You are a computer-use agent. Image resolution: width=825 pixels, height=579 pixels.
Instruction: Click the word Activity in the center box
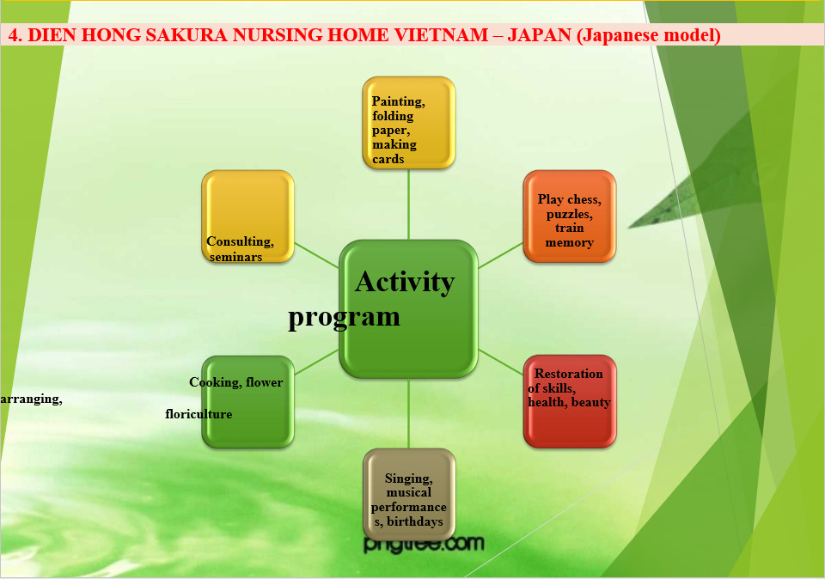click(404, 282)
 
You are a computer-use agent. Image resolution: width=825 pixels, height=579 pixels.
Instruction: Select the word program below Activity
click(344, 316)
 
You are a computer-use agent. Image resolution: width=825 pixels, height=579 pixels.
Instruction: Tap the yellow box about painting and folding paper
click(408, 122)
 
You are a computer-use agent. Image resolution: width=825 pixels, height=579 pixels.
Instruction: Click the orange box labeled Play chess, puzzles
click(570, 216)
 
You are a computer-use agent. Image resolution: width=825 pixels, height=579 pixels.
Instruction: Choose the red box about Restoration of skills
click(570, 400)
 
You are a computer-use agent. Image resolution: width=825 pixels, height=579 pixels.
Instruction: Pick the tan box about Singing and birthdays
click(408, 494)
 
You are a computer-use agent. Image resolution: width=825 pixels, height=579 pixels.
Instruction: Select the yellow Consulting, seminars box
click(247, 216)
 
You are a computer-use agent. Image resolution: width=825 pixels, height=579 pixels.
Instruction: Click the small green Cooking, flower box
click(247, 401)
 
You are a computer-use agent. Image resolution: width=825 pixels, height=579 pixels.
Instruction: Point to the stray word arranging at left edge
click(31, 399)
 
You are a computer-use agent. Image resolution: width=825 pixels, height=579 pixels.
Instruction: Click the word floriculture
click(199, 414)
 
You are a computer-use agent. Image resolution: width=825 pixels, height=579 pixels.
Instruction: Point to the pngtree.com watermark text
click(423, 544)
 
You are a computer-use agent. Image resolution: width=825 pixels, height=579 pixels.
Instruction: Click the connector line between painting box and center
click(408, 204)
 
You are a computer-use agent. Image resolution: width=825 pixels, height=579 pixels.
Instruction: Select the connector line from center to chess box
click(500, 255)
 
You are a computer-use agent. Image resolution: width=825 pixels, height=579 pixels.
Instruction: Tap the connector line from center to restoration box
click(500, 362)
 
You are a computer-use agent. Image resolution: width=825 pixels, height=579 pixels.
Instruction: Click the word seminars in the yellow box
click(236, 257)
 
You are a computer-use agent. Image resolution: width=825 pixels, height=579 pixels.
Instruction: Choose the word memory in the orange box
click(569, 243)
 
